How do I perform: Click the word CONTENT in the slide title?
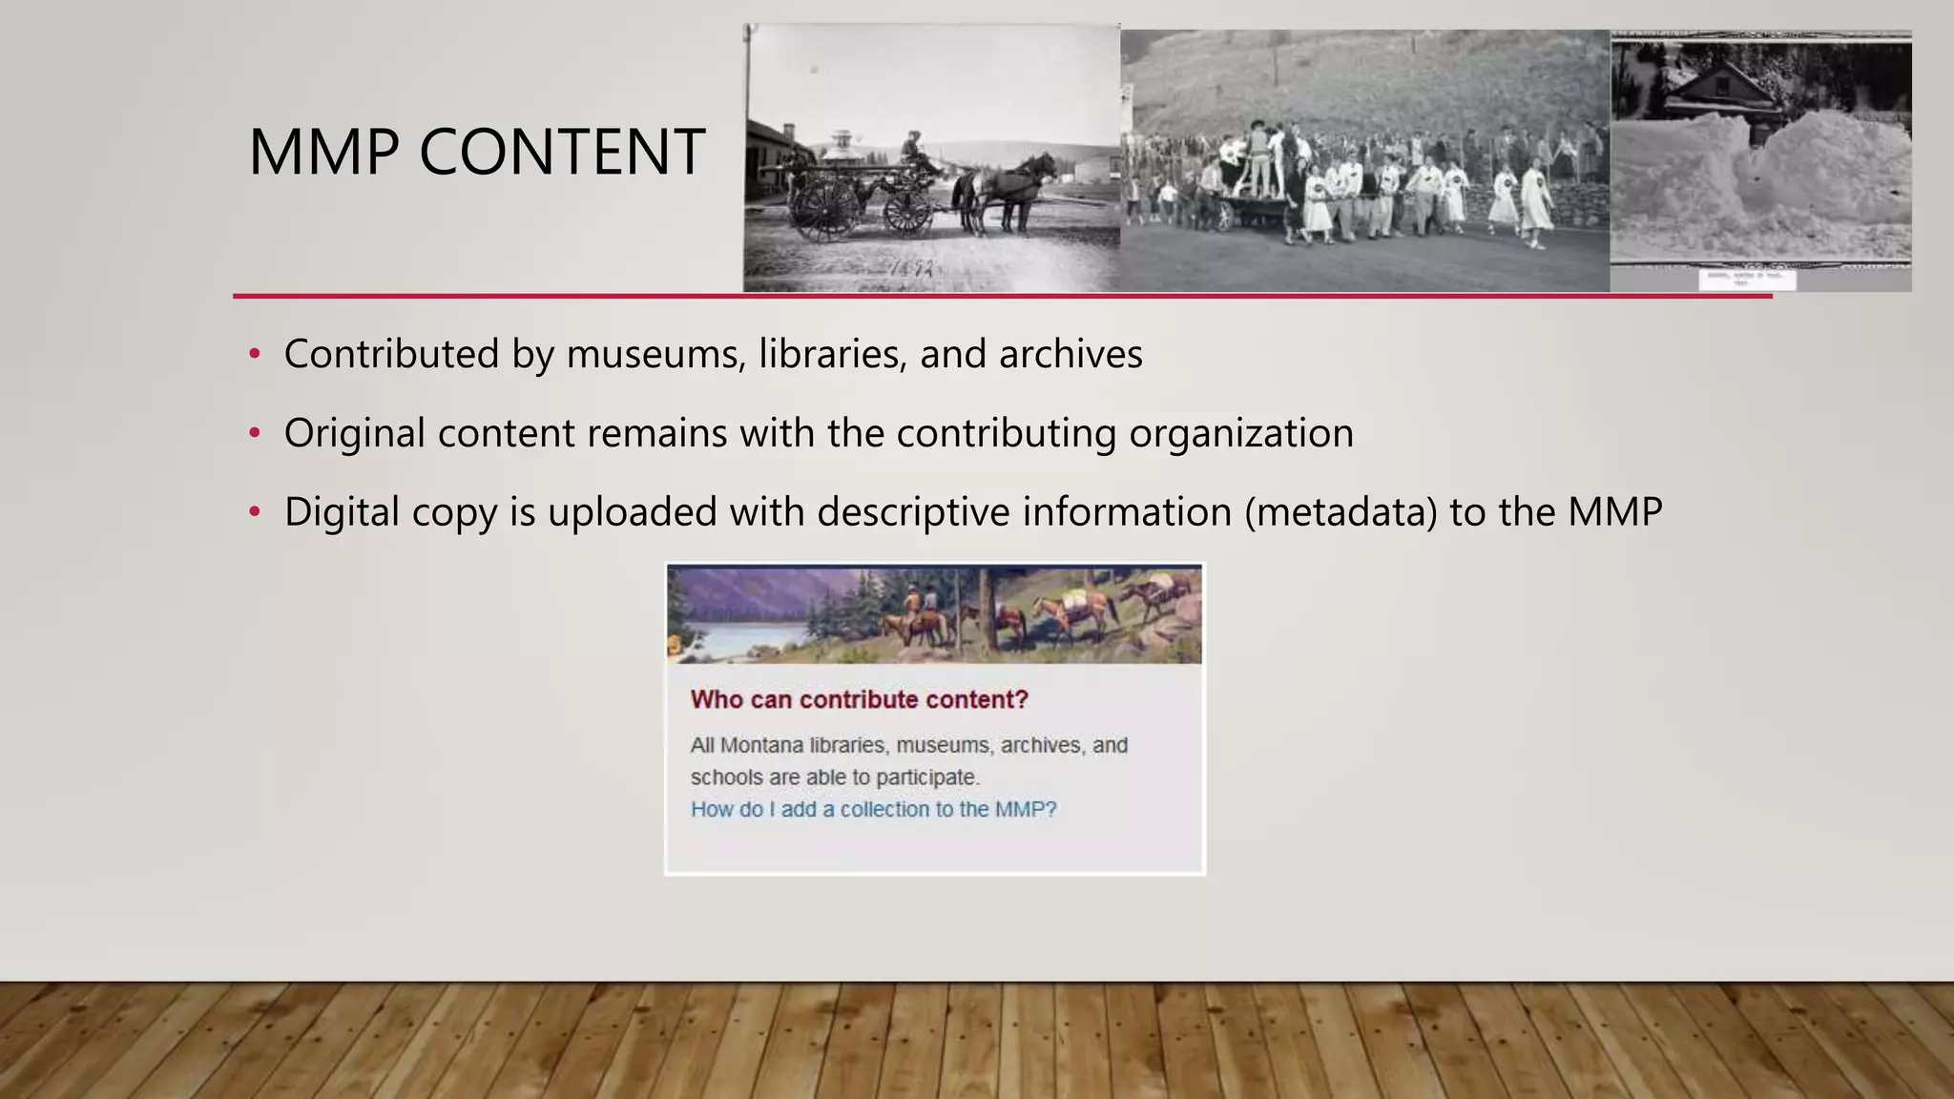[x=562, y=153]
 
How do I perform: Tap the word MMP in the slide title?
[x=323, y=153]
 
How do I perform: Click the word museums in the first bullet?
[x=656, y=355]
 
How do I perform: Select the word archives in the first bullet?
[x=1071, y=355]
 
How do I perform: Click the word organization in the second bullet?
[x=1241, y=434]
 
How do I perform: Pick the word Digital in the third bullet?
[x=342, y=512]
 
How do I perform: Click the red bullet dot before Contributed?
[x=254, y=355]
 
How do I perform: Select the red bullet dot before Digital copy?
[x=254, y=512]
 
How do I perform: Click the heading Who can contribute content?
[x=859, y=699]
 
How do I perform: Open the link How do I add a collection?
[x=873, y=809]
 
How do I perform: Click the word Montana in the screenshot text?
[x=760, y=745]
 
